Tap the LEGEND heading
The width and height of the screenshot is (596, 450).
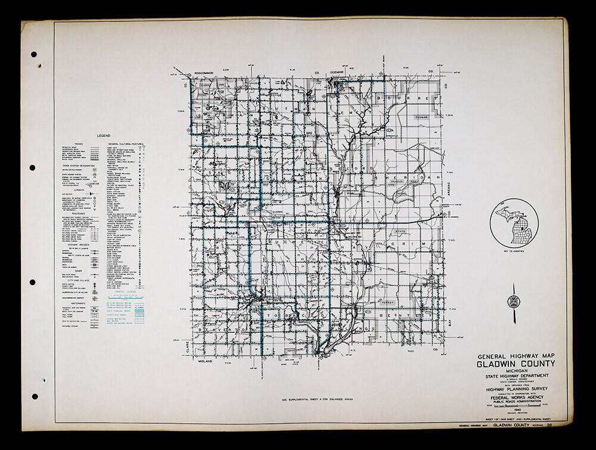tap(104, 136)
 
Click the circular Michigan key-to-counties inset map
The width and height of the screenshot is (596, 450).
tap(513, 227)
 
